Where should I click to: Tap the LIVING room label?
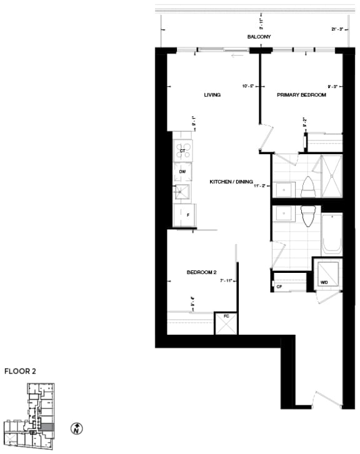click(212, 95)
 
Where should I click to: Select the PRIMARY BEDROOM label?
click(301, 95)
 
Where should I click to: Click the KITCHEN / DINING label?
click(231, 182)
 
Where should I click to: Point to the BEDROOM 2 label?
click(201, 272)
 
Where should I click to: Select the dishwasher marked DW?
click(183, 171)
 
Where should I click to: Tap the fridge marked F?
click(186, 214)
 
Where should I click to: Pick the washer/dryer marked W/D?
click(327, 275)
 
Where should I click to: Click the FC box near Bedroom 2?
click(226, 323)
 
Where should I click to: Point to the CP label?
click(279, 287)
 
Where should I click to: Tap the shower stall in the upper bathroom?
click(328, 176)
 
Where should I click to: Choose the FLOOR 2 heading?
click(20, 371)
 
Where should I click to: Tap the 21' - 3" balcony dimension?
click(338, 29)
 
